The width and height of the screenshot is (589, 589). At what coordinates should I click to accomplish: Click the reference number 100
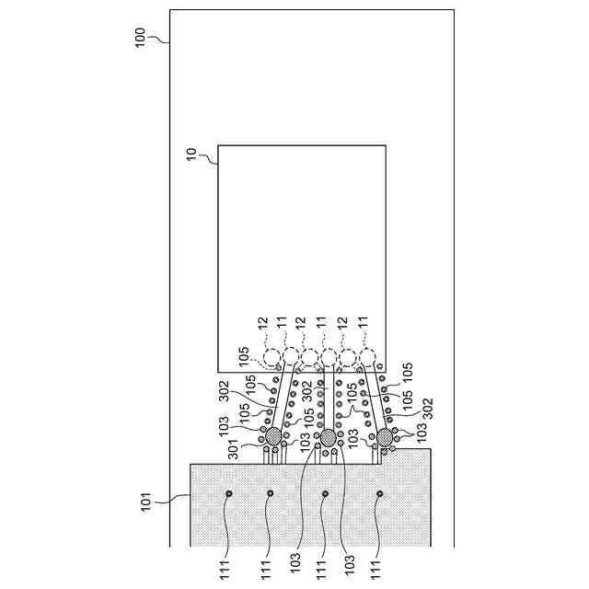click(141, 38)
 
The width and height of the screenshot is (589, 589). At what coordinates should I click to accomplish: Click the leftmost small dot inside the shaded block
click(229, 494)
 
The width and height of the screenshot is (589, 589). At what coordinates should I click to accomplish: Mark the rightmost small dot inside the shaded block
click(380, 494)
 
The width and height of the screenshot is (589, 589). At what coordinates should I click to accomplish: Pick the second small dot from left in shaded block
click(270, 494)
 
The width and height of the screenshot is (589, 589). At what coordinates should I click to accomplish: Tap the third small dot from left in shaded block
click(325, 494)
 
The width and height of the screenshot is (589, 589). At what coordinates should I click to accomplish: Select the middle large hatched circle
click(327, 436)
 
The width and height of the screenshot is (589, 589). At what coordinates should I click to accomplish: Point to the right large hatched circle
click(385, 437)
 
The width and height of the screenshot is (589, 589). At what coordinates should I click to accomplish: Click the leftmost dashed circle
click(272, 357)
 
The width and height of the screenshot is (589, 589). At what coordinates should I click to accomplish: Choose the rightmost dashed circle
click(366, 357)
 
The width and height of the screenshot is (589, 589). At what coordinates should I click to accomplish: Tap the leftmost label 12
click(262, 324)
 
